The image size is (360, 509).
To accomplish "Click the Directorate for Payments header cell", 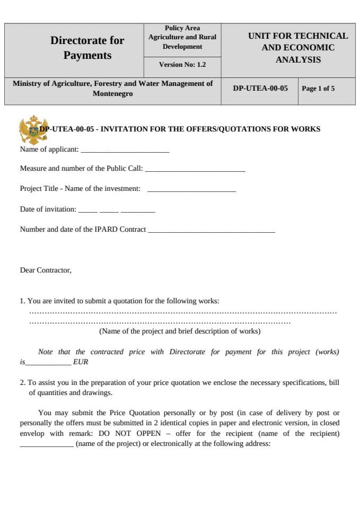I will coord(87,48).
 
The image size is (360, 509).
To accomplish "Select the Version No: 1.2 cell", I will coord(182,65).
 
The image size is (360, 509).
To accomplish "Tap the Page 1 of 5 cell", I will coord(318,89).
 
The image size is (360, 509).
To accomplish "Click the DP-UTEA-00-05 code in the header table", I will coord(260,89).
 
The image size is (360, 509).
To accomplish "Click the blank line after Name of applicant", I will coord(125,151).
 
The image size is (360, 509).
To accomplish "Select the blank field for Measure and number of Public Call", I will coord(195,170).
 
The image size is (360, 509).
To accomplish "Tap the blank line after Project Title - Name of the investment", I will coord(191,190).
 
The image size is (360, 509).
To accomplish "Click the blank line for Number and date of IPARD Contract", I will coord(211,231).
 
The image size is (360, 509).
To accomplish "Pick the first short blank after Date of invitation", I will coord(87,210).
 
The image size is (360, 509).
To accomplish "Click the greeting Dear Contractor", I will coord(46,270).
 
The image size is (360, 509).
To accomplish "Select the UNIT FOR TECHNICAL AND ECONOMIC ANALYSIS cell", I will coord(298,48).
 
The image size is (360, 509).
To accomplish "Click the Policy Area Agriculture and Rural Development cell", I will coord(182,38).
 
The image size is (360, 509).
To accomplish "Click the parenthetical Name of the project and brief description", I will coord(180,331).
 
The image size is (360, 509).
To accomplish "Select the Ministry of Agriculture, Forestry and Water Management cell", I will coord(112,89).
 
